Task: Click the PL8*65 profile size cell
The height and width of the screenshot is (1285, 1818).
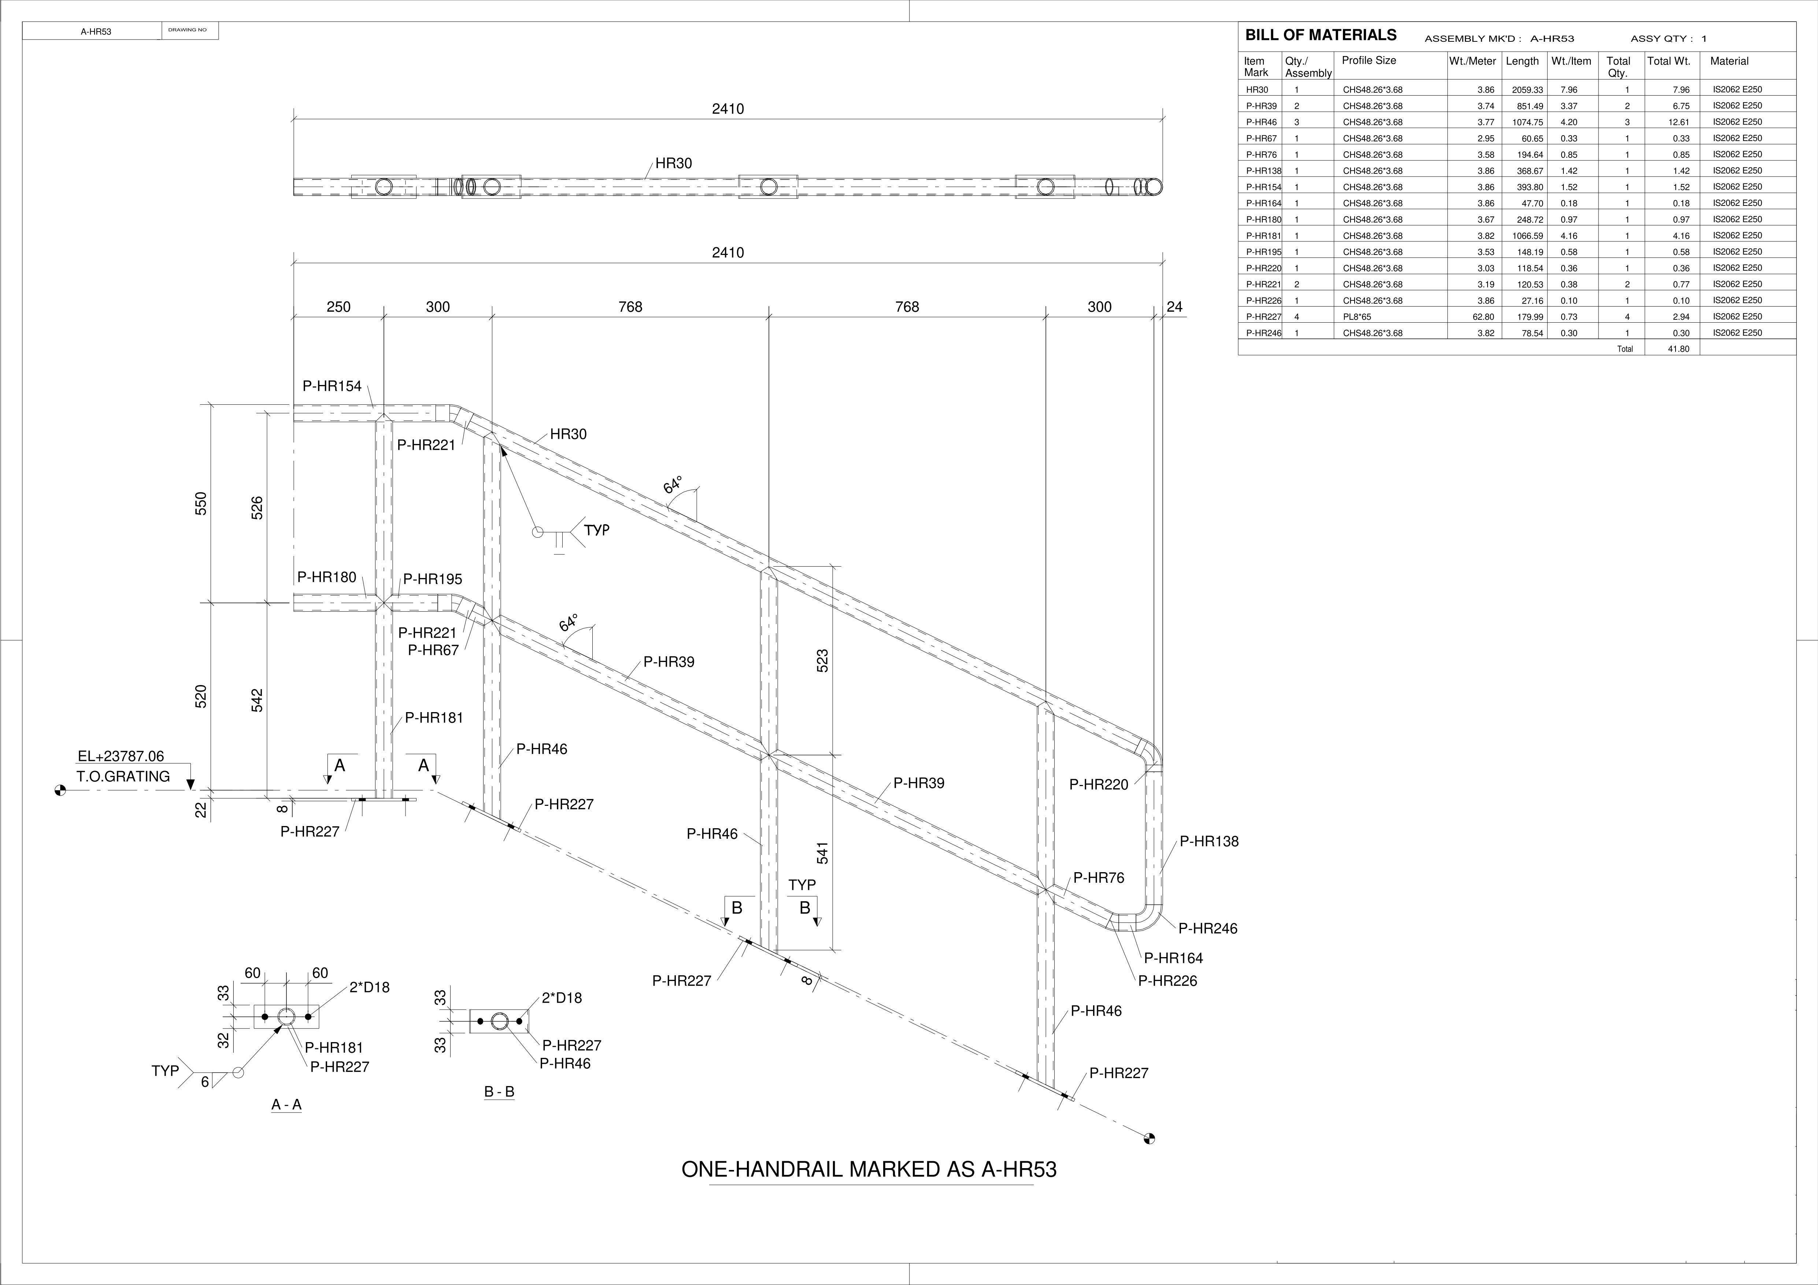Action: coord(1357,317)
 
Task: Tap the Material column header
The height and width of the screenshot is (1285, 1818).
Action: coord(1729,61)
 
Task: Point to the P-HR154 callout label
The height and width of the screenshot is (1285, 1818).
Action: coord(332,386)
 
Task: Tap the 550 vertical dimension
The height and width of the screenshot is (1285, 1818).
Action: coord(201,504)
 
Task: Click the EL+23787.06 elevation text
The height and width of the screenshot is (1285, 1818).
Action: coord(121,757)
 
